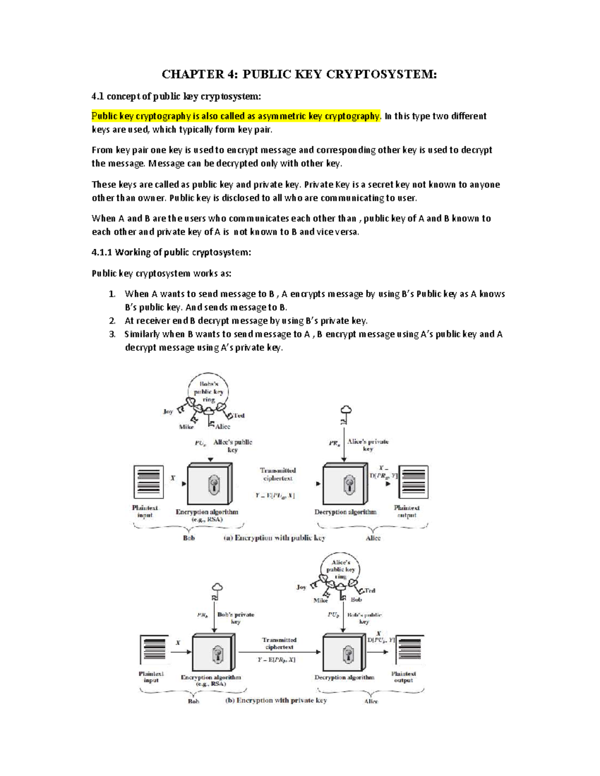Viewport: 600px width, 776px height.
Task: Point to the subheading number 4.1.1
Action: coord(102,252)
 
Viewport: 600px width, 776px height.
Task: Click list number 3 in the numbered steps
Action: coord(112,334)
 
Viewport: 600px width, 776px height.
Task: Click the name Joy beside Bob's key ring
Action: coord(168,411)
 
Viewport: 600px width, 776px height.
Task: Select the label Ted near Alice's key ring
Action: coord(370,591)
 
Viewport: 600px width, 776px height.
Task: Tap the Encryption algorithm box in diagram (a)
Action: coord(209,484)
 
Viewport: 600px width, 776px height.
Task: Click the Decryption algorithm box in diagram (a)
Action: coord(345,484)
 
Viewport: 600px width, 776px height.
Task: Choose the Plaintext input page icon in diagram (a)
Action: coord(148,482)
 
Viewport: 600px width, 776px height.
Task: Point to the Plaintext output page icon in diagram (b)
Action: coord(410,650)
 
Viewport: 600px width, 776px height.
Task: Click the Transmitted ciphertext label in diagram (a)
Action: coord(278,474)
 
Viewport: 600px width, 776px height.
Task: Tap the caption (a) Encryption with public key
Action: coord(274,538)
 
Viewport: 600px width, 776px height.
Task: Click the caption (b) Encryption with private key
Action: coord(276,700)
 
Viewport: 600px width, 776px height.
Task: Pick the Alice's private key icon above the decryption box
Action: coord(345,414)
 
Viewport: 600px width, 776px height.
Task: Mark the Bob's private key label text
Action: coord(235,618)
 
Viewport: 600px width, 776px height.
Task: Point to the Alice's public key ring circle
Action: coord(340,569)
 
